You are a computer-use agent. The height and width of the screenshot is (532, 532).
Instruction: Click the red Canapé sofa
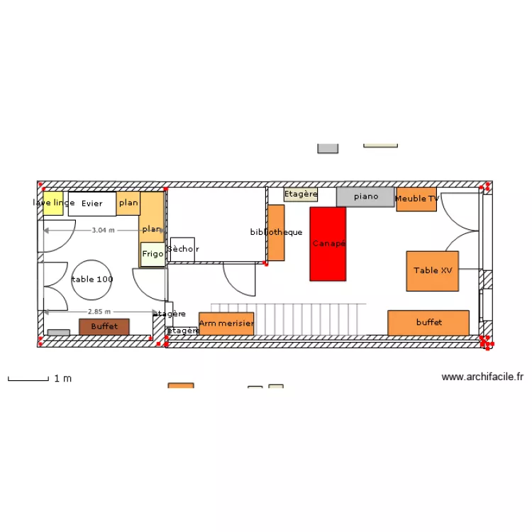pos(328,243)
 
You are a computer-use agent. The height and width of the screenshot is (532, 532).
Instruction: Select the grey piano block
pos(365,196)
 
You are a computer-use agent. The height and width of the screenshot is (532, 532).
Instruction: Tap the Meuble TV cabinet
pos(416,199)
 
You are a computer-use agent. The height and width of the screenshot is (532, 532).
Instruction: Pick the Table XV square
pos(432,270)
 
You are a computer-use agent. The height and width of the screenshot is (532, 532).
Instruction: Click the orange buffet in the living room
pos(428,322)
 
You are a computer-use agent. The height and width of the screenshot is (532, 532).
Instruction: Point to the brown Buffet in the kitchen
pos(104,326)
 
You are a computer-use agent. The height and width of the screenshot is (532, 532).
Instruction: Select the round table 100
pos(92,279)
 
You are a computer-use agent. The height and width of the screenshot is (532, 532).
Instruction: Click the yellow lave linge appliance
pos(53,203)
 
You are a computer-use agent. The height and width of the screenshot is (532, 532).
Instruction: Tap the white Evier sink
pos(92,204)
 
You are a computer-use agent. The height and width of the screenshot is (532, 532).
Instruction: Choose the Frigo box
pos(153,254)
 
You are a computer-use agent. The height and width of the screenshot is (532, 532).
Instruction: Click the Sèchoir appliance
pos(182,249)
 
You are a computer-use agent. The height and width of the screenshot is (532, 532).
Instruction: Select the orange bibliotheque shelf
pos(276,233)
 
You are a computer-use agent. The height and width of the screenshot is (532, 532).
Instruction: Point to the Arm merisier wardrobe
pos(226,323)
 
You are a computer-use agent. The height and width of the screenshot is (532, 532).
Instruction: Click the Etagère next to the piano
pos(301,194)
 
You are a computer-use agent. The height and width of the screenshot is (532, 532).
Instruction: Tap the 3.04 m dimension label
pos(104,230)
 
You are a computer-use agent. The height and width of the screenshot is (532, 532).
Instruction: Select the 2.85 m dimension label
pos(100,311)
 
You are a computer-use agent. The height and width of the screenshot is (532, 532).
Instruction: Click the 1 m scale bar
pos(28,379)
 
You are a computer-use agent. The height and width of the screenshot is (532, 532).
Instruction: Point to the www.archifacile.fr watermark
pos(482,377)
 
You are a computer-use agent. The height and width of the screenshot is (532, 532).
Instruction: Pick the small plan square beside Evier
pos(128,203)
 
